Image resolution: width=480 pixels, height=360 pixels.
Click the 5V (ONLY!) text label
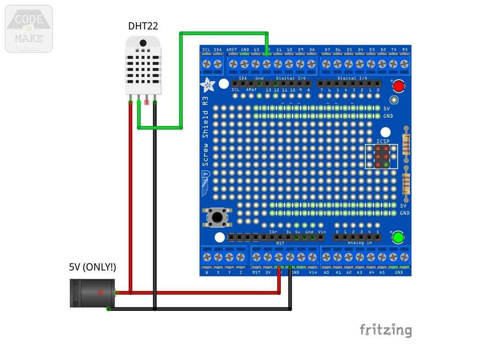coord(93,267)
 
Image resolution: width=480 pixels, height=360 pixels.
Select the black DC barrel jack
coord(92,293)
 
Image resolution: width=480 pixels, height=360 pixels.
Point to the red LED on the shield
coord(399,86)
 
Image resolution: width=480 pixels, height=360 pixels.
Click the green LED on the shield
coord(398,237)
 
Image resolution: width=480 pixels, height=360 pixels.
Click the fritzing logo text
coord(385,330)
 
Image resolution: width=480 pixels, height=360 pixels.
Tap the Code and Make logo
coord(29,29)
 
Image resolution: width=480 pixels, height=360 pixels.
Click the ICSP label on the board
coord(383,141)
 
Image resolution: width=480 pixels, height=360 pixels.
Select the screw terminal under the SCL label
coord(206,63)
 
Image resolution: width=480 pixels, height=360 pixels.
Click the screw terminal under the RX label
coord(405,63)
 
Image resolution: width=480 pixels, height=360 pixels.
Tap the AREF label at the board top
coord(232,50)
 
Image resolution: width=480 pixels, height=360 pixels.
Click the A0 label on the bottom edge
coord(326,272)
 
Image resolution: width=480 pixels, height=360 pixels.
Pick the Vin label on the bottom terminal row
coord(313,272)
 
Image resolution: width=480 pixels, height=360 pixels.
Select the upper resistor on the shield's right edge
coord(406,143)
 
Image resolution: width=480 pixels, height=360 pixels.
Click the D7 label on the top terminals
coord(327,50)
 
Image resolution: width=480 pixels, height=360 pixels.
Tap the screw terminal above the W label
coord(207,257)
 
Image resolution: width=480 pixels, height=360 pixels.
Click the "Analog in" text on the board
coord(360,243)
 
